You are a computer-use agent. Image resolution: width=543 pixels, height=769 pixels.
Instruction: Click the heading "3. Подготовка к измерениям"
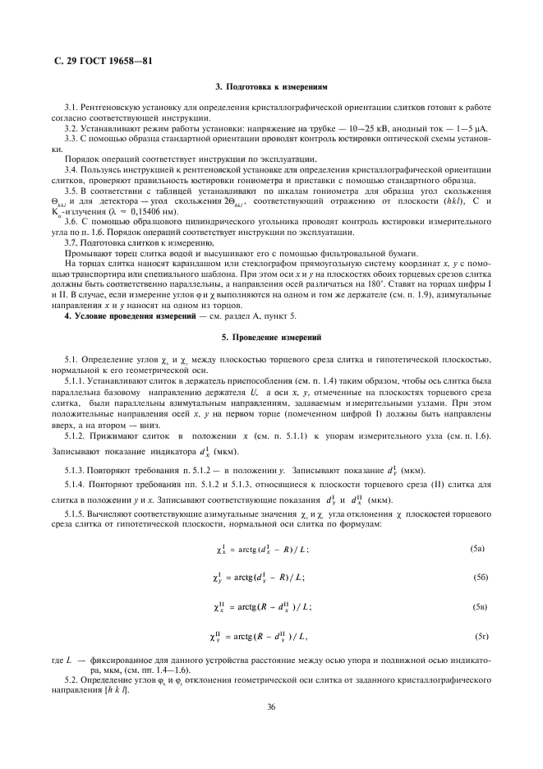pos(271,85)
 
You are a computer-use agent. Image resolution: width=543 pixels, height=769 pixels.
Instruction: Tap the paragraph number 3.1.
pos(71,108)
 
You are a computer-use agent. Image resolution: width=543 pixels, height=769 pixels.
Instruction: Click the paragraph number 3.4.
pos(71,168)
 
